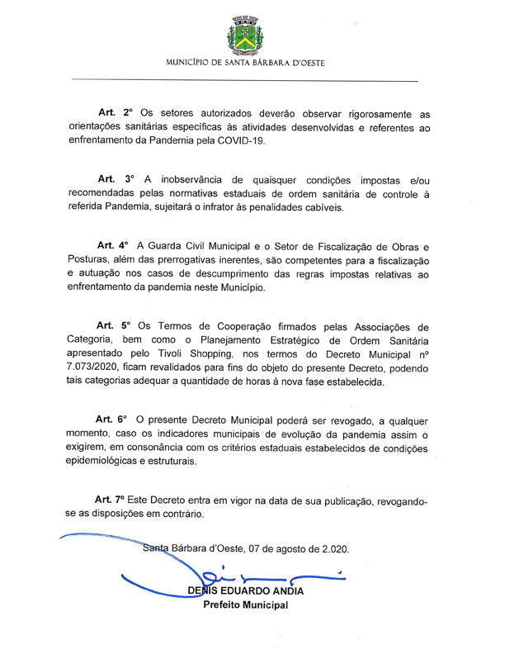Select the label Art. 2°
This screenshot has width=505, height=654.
click(x=116, y=111)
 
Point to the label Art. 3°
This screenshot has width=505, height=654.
click(x=116, y=178)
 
